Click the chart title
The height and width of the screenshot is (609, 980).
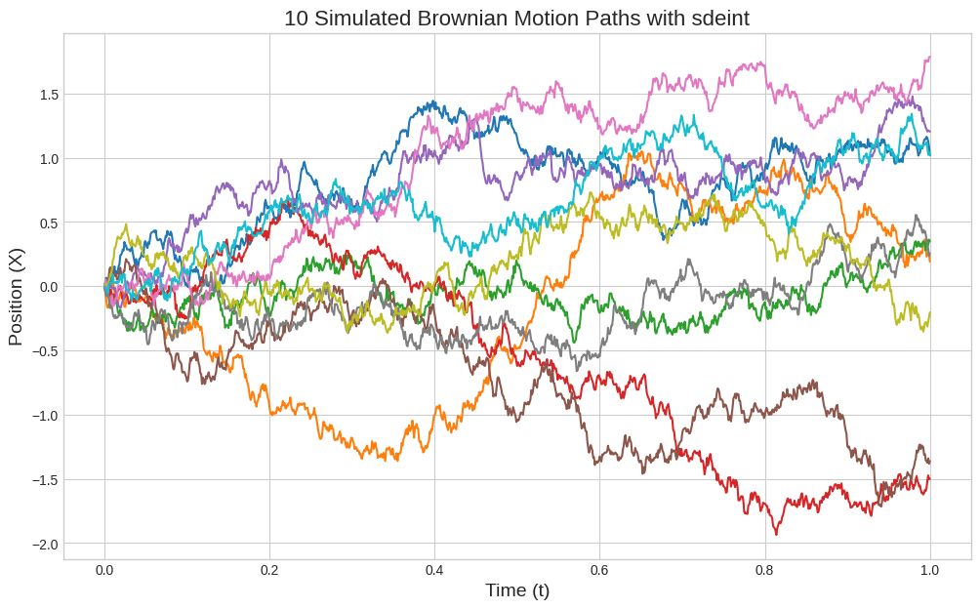point(516,18)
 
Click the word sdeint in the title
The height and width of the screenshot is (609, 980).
point(717,18)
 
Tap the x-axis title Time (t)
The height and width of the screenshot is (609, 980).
point(516,590)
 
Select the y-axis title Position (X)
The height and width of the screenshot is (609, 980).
point(16,297)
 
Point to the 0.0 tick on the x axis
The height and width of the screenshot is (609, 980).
point(104,570)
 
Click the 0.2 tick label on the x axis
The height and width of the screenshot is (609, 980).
point(269,570)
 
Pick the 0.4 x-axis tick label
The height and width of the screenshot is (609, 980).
point(434,570)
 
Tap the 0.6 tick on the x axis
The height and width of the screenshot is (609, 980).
point(599,570)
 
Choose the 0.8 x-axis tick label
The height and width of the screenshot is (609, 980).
point(764,570)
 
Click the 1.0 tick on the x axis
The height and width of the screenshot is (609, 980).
point(929,570)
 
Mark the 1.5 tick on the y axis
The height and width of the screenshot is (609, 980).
point(48,95)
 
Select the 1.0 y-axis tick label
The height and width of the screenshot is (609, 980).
point(48,159)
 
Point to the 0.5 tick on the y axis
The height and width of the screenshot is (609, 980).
point(48,223)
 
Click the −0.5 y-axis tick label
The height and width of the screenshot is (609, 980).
point(44,351)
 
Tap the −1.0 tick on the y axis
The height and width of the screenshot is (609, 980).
point(44,416)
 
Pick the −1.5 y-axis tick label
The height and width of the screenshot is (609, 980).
point(44,480)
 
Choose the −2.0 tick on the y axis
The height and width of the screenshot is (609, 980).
point(44,544)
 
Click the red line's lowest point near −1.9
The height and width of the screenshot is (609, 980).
point(777,534)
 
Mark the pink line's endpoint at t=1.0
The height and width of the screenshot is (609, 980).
point(929,57)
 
